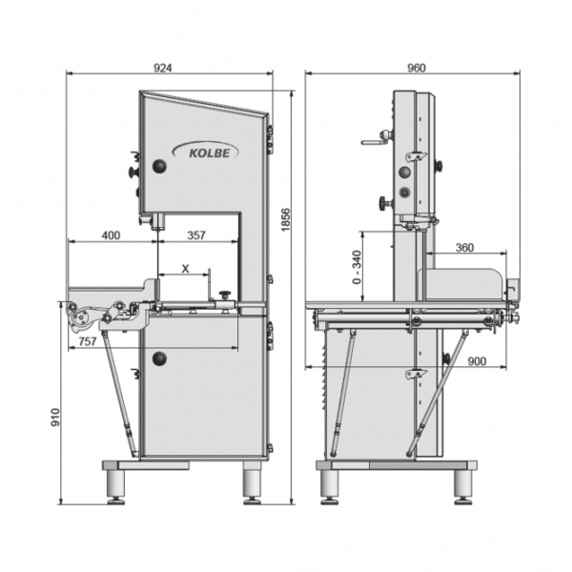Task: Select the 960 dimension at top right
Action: point(416,68)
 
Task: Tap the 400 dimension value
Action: point(111,235)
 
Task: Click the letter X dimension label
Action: point(185,269)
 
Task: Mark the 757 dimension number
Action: point(86,340)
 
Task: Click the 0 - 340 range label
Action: point(357,269)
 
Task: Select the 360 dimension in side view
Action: point(464,248)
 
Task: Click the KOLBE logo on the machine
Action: point(204,150)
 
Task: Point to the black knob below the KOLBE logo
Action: point(159,167)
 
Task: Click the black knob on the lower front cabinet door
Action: point(159,358)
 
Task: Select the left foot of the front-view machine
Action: point(119,481)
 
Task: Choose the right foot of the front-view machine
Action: point(252,481)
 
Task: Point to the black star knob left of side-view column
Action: point(383,202)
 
